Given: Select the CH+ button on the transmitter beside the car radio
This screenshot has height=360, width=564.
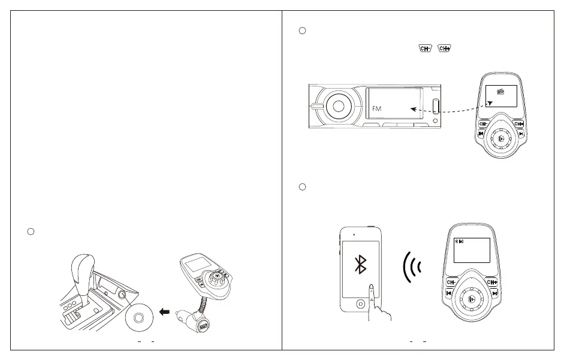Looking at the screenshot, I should [x=520, y=124].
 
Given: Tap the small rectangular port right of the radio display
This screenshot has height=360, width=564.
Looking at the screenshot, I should [x=437, y=105].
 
